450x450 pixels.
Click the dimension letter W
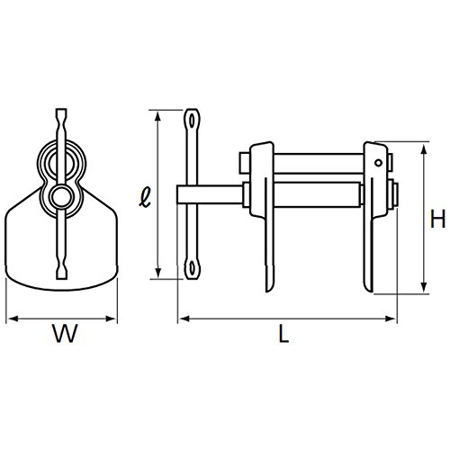click(65, 333)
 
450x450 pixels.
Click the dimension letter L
click(283, 333)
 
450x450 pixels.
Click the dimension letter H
click(437, 219)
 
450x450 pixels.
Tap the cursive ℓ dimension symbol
click(146, 198)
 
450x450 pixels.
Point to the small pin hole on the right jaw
click(379, 163)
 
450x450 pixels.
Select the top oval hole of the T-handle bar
click(192, 121)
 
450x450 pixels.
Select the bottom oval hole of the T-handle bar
click(192, 267)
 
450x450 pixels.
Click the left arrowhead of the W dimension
click(12, 319)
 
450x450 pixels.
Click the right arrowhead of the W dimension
click(111, 319)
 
